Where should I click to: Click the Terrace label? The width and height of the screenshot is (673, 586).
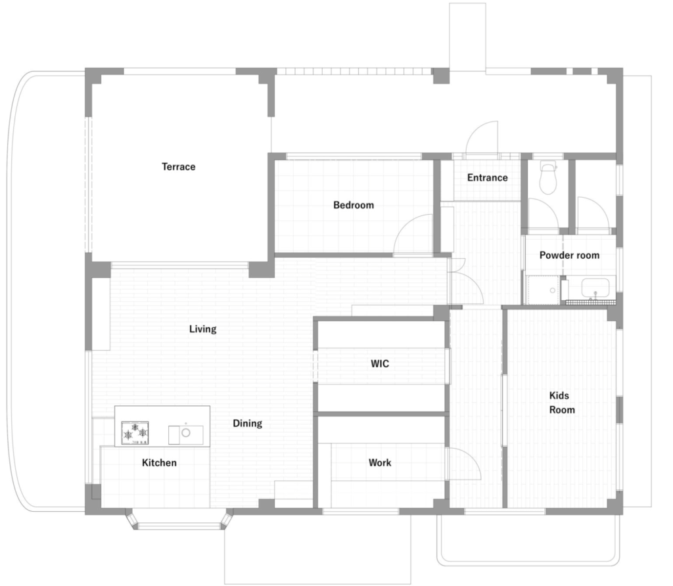179,166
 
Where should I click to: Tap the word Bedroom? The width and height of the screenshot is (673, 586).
354,205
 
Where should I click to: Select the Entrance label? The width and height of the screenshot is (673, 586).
488,177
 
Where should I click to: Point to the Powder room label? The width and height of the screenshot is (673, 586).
570,256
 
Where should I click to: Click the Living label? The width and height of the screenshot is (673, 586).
202,329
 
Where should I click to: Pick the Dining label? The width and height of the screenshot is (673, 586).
247,424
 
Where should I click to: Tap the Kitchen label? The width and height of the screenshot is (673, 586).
159,462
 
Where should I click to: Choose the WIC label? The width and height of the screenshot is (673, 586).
380,364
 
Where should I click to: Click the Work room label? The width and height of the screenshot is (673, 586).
380,462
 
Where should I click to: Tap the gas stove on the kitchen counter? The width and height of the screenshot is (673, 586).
135,434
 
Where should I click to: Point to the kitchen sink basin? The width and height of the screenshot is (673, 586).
186,434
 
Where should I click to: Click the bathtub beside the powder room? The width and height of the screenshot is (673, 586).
595,288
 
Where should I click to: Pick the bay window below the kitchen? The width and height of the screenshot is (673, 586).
179,519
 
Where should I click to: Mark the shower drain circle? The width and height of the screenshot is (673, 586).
552,290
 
